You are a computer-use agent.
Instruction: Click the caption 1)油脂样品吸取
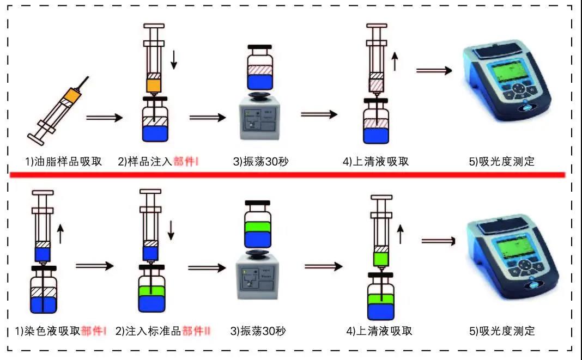[x=64, y=161]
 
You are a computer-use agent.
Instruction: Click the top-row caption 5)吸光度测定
[x=502, y=161]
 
